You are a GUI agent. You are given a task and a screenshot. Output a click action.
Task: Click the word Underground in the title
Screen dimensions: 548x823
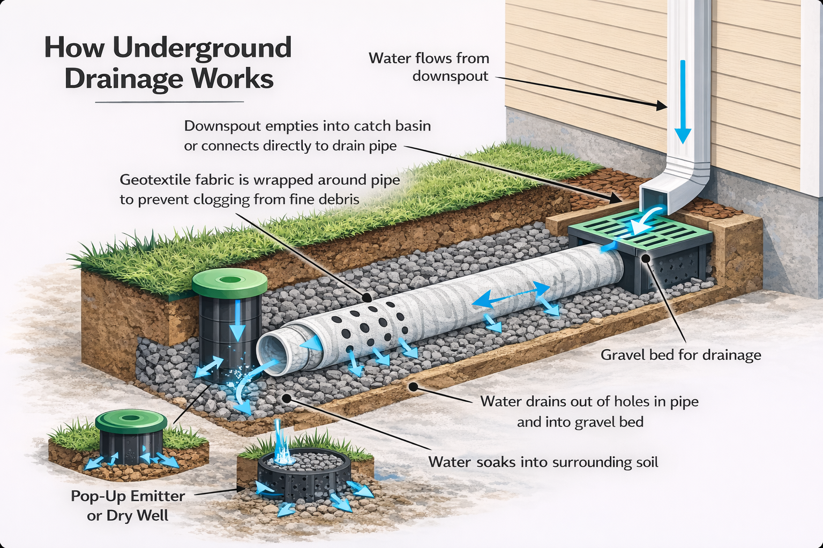pyautogui.click(x=202, y=49)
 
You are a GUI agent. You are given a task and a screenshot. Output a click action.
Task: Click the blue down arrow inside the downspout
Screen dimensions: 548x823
pyautogui.click(x=683, y=102)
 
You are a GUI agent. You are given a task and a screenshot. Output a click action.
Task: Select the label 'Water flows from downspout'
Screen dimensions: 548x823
pyautogui.click(x=429, y=67)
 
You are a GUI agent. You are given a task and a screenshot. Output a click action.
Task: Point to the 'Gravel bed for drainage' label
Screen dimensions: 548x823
pyautogui.click(x=680, y=355)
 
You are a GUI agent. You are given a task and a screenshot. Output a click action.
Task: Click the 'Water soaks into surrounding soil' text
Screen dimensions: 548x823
pyautogui.click(x=543, y=462)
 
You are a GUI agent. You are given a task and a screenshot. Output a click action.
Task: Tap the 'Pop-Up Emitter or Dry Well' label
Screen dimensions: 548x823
pyautogui.click(x=128, y=505)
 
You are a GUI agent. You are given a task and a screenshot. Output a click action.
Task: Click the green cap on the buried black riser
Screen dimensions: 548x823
pyautogui.click(x=229, y=282)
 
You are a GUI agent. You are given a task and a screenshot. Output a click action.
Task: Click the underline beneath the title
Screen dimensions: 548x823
pyautogui.click(x=169, y=102)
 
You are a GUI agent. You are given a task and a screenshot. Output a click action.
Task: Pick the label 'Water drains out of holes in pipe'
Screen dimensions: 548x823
pyautogui.click(x=589, y=401)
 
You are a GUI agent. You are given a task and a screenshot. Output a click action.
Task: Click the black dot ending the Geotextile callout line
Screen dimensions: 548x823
pyautogui.click(x=366, y=298)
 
